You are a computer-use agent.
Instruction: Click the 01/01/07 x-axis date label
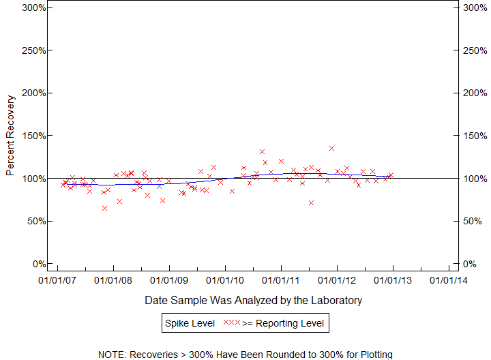click(x=57, y=280)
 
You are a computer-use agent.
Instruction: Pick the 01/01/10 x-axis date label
click(x=225, y=280)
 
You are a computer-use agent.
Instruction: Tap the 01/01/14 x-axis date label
click(x=449, y=280)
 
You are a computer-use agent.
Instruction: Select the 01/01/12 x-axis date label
click(x=337, y=280)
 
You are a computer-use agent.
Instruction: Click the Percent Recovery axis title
click(x=10, y=136)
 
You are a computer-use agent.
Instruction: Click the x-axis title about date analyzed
click(x=253, y=300)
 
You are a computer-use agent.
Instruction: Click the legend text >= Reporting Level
click(x=283, y=322)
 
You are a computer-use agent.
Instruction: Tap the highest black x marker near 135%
click(x=331, y=148)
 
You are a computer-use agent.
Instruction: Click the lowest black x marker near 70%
click(x=311, y=202)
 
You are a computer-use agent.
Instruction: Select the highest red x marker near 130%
click(x=262, y=151)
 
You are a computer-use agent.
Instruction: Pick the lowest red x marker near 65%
click(x=104, y=208)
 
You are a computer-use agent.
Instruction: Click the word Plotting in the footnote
click(x=373, y=355)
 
